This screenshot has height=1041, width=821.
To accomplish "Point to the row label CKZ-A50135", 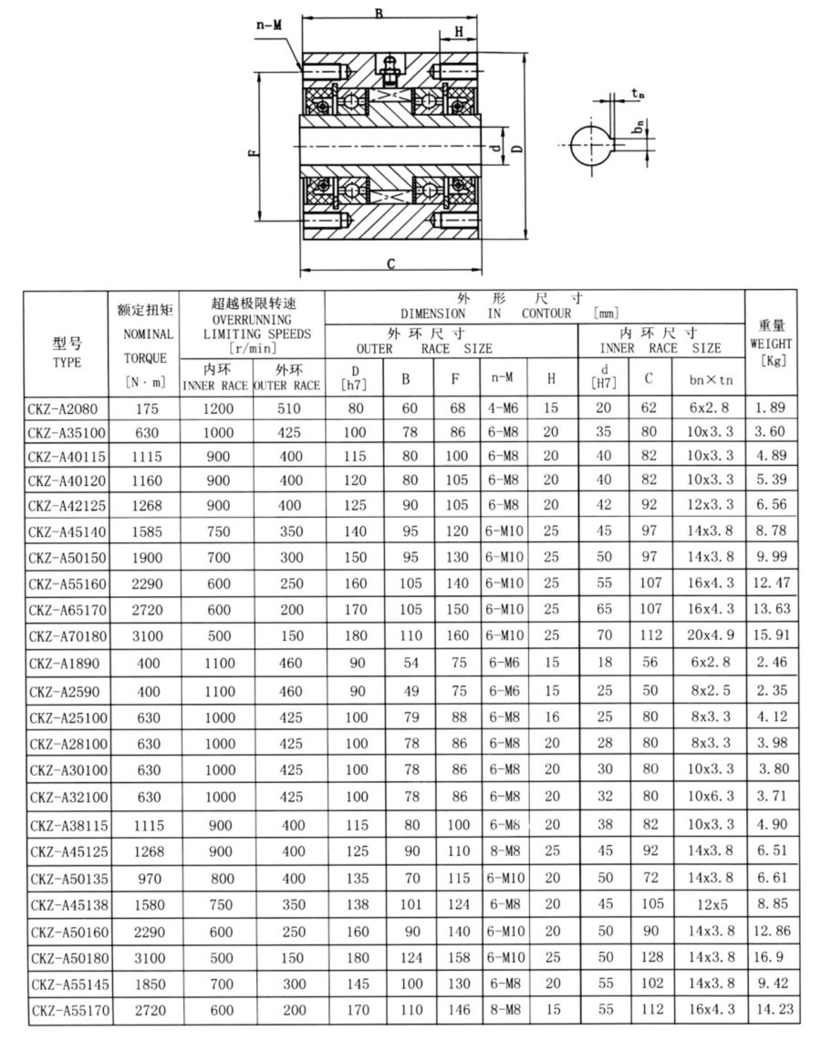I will tap(67, 880).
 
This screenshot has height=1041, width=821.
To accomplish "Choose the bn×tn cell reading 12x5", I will tap(708, 906).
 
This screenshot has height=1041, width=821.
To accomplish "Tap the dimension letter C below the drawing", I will tap(390, 264).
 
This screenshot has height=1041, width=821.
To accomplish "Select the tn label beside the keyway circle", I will tap(638, 93).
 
